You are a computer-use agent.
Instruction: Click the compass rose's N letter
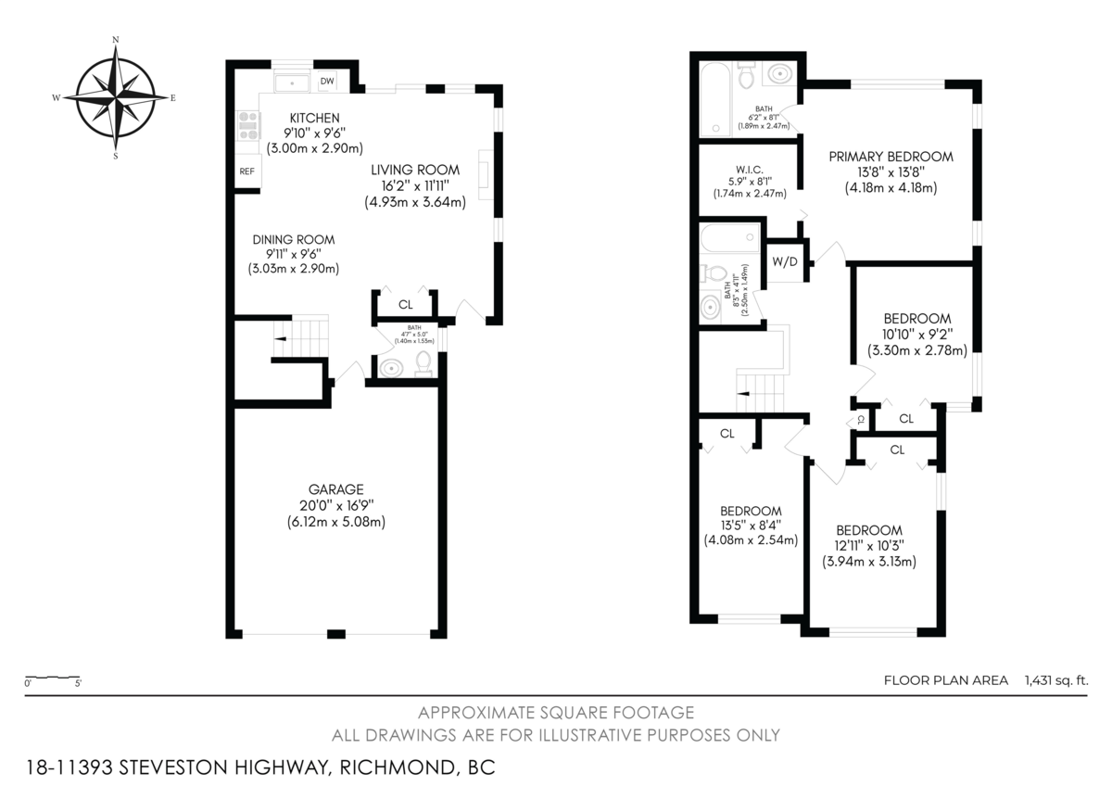click(115, 40)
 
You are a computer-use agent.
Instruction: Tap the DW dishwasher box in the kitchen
click(326, 82)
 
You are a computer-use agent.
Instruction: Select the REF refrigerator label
click(246, 171)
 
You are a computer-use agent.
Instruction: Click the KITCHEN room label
click(314, 118)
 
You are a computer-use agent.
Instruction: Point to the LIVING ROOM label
click(415, 170)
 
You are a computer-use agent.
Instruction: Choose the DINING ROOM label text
click(294, 239)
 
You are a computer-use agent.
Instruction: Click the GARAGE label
click(335, 489)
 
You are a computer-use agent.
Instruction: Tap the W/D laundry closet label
click(785, 261)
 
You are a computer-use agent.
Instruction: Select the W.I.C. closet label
click(750, 168)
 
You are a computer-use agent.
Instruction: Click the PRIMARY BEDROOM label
click(890, 157)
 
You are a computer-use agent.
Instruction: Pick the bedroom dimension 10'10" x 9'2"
click(916, 335)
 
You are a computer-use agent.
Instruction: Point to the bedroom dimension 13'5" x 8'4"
click(751, 526)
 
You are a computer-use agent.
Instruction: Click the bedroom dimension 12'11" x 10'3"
click(868, 546)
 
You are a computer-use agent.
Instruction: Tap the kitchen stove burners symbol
click(248, 125)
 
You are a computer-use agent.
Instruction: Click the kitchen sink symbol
click(293, 82)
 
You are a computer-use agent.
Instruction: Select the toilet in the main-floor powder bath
click(423, 361)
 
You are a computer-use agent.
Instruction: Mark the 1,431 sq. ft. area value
click(1055, 680)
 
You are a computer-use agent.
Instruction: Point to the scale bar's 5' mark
click(78, 685)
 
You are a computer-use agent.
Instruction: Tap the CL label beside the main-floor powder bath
click(406, 304)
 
